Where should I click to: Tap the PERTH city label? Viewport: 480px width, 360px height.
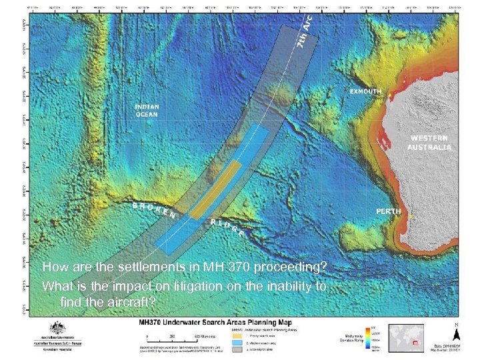[389, 211]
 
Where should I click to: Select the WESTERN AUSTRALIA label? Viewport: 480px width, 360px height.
[429, 142]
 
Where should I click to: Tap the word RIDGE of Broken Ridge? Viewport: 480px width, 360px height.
[231, 228]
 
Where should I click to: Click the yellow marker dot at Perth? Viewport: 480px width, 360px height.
[413, 217]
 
